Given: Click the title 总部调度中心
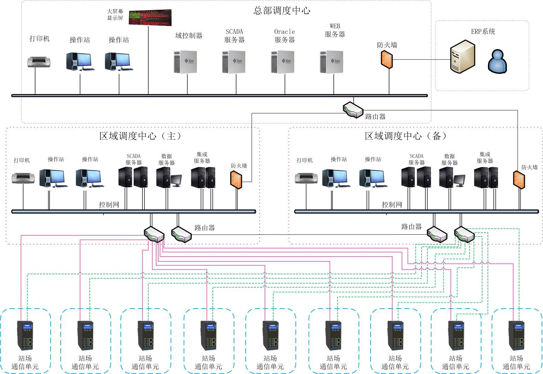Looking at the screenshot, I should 282,11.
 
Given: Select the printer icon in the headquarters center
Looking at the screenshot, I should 39,62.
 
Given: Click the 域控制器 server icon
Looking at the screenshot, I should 186,62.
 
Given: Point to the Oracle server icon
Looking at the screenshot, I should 283,62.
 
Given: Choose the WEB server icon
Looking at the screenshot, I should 332,62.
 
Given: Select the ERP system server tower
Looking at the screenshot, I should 462,56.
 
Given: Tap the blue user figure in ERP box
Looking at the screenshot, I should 497,62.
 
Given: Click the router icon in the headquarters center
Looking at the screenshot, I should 353,110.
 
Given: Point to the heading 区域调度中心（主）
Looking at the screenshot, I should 140,136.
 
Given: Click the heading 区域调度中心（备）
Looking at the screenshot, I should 406,136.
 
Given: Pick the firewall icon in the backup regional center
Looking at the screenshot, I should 519,179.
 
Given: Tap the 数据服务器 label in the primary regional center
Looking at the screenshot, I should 167,159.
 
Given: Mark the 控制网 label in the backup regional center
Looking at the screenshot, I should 392,205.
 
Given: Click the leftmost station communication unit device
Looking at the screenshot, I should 25,335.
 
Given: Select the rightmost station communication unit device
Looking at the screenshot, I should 516,335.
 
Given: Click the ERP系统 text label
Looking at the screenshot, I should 483,32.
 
